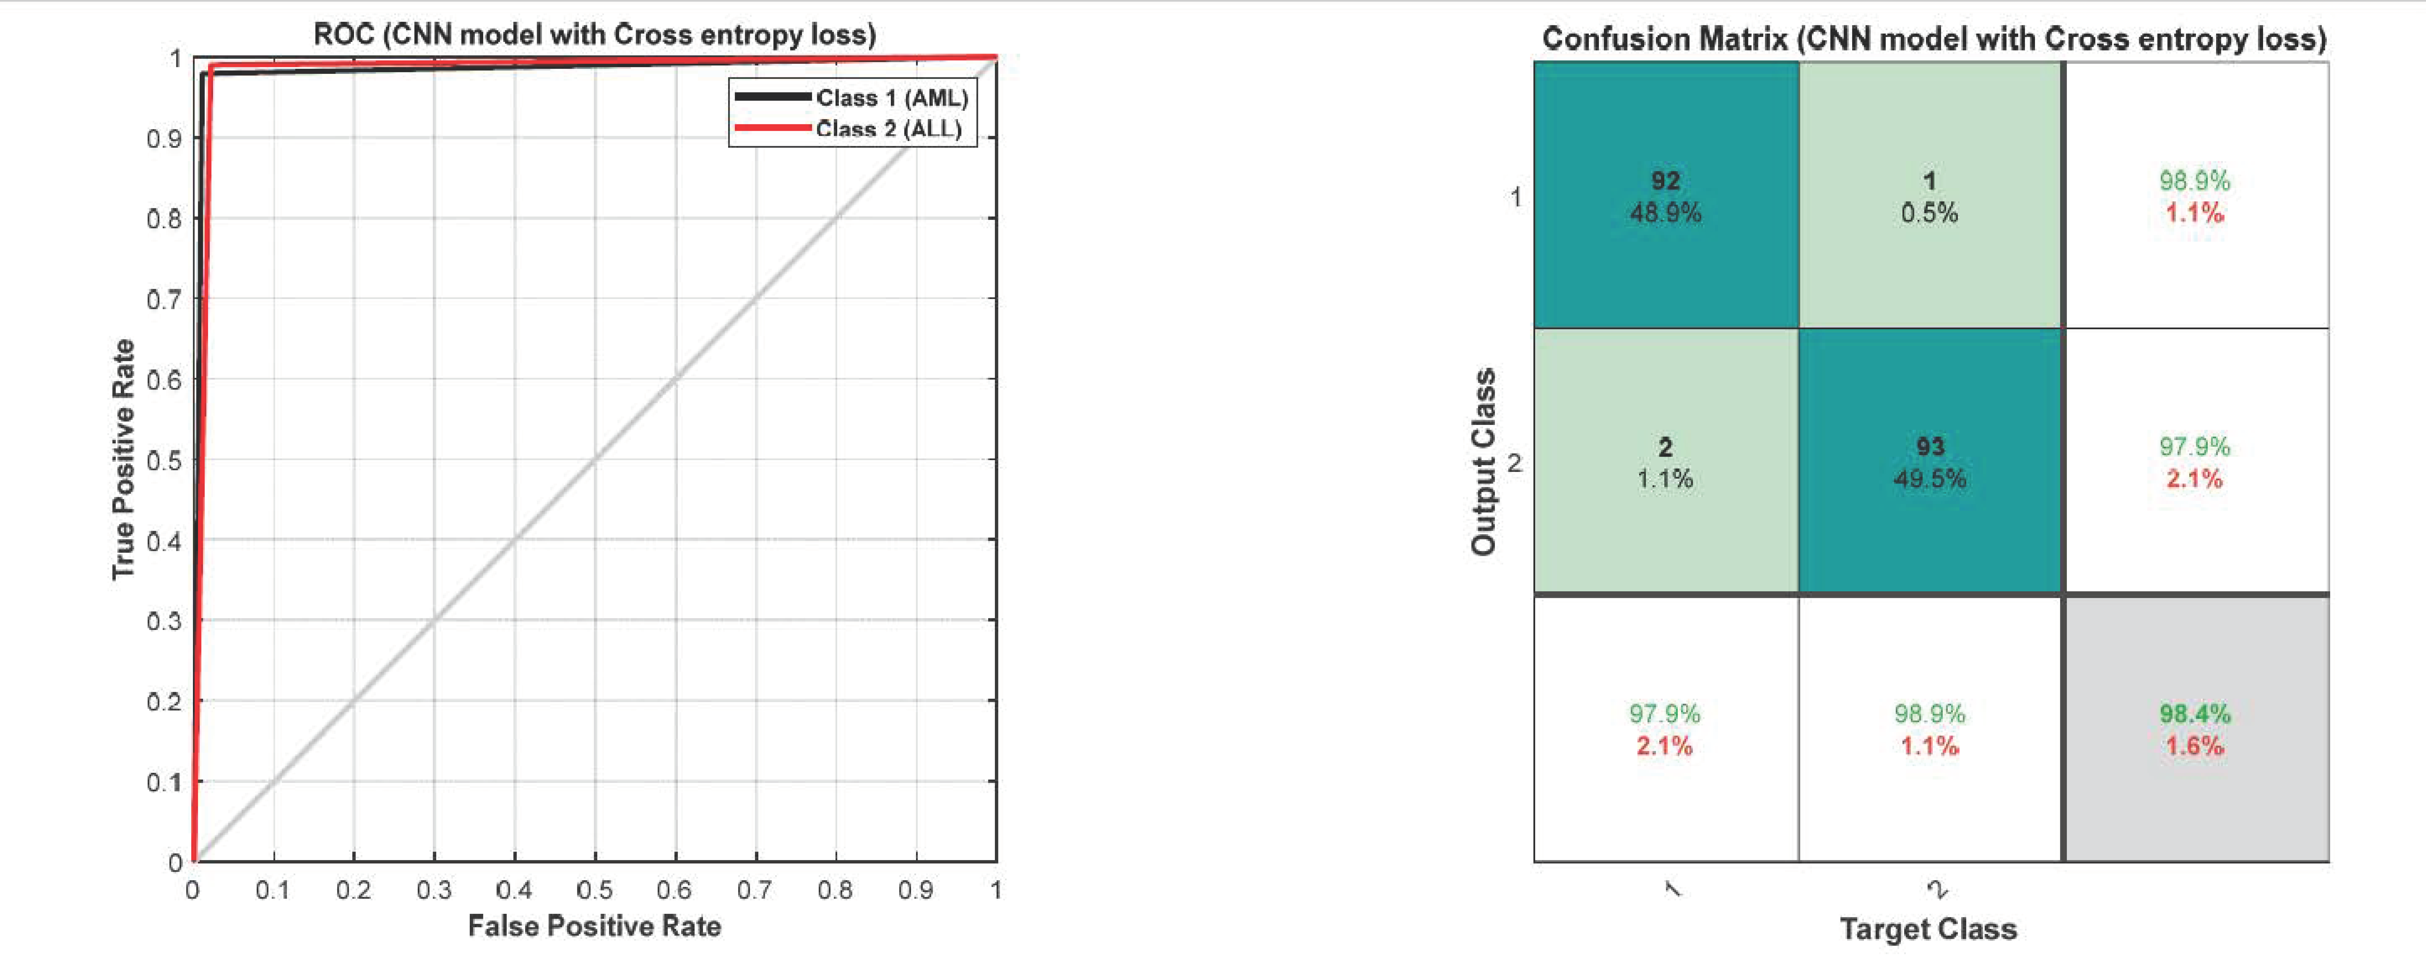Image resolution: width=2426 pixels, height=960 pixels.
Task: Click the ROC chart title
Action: point(594,35)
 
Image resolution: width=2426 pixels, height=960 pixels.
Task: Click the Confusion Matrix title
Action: point(1933,39)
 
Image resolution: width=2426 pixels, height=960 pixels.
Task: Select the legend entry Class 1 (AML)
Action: point(891,98)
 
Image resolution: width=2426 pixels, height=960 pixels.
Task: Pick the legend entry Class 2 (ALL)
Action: point(888,129)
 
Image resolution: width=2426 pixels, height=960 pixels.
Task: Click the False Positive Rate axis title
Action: point(594,926)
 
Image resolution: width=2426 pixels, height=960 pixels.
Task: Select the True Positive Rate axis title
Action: point(123,460)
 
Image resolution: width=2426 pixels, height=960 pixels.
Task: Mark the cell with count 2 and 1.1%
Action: point(1665,462)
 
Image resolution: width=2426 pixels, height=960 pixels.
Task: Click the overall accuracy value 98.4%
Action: point(2194,714)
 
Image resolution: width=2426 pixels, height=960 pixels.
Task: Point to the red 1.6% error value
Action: point(2194,746)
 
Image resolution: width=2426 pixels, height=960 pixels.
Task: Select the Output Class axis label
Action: point(1483,462)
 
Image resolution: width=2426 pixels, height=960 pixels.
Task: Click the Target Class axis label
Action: point(1928,929)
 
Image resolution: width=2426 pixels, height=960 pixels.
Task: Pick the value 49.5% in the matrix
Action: point(1930,479)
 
